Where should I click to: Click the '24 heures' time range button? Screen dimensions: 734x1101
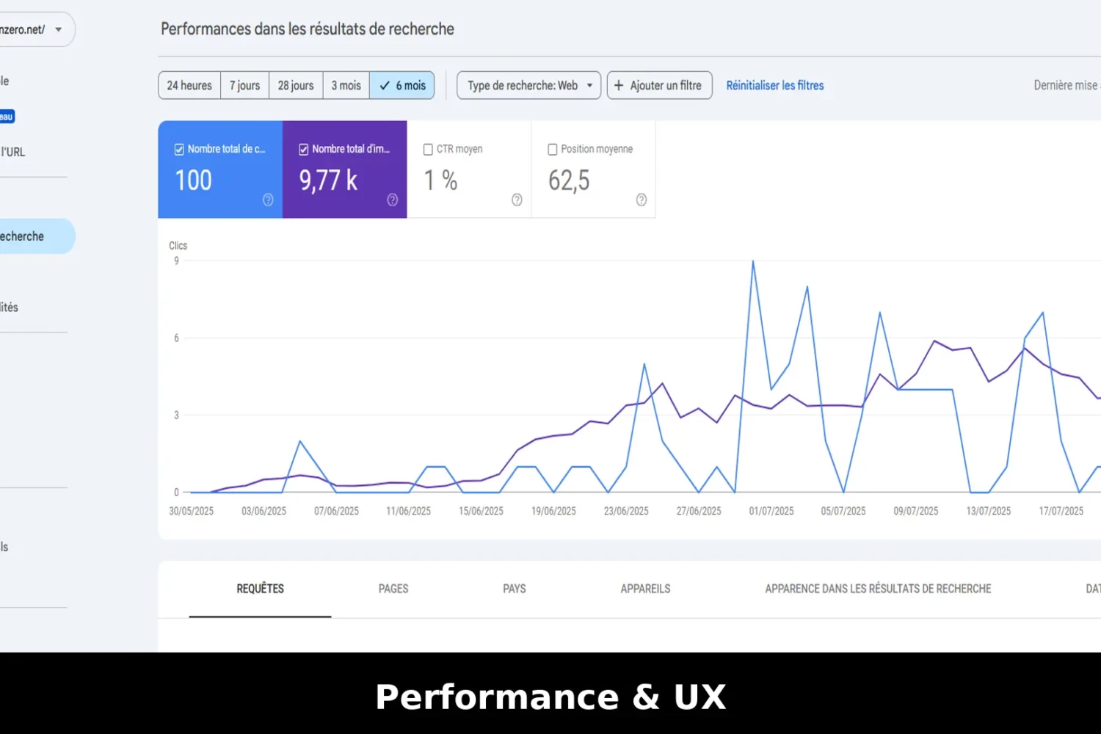tap(189, 85)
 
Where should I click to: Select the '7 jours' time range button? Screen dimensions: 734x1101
tap(244, 85)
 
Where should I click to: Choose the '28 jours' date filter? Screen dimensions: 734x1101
tap(296, 85)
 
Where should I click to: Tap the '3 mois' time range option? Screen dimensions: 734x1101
tap(346, 85)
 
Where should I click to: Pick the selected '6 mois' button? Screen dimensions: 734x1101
tap(402, 85)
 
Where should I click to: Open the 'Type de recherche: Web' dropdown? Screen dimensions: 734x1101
tap(528, 85)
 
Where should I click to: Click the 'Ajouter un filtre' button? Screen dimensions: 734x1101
tap(659, 85)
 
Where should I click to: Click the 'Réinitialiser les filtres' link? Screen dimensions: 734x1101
tap(775, 85)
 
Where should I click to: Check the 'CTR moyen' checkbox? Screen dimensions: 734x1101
tap(428, 149)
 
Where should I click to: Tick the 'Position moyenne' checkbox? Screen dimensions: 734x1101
tap(553, 149)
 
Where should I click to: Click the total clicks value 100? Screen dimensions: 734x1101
tap(193, 181)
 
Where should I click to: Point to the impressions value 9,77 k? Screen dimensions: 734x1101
tap(328, 181)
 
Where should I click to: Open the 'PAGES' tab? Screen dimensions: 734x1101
tap(393, 589)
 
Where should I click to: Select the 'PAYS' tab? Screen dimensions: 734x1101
tap(515, 589)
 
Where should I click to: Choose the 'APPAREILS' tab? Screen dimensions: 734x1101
tap(645, 589)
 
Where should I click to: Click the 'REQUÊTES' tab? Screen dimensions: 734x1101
tap(260, 589)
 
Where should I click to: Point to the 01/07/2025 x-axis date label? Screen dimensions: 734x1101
tap(771, 511)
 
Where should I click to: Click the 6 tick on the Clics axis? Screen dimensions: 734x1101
tap(176, 338)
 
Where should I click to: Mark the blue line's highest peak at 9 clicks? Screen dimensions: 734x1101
tap(752, 261)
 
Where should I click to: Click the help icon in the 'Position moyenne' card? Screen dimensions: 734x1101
tap(642, 200)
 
